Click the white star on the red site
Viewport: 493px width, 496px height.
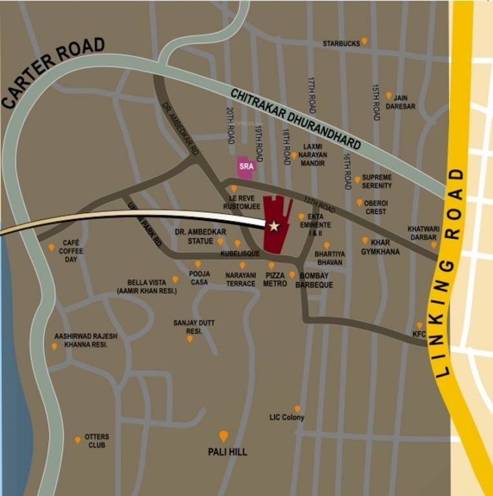[274, 226]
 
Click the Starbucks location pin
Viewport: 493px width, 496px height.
[364, 41]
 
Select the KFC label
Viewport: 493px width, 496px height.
[419, 334]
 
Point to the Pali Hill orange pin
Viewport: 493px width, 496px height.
[224, 436]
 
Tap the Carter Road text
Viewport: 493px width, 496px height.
[53, 72]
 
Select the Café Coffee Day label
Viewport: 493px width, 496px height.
[70, 251]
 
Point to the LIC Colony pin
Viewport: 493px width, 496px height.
[297, 409]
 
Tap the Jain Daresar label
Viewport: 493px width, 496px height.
[404, 101]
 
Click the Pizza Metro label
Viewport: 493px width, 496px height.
[275, 279]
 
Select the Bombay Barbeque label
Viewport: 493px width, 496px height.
[314, 279]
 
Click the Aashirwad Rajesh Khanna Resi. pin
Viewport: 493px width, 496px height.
[54, 346]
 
